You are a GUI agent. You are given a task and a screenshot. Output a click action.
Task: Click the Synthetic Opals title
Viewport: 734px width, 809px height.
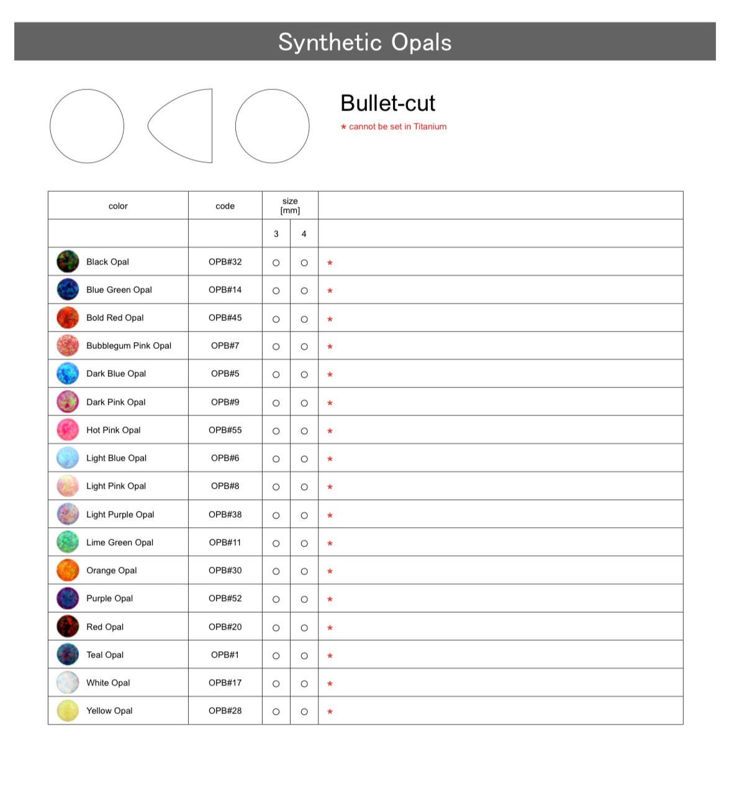[x=365, y=42]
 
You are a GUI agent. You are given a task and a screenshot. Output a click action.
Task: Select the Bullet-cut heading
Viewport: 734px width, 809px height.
[x=387, y=103]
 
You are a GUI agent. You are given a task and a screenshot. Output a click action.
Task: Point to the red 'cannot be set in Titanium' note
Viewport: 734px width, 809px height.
[x=394, y=127]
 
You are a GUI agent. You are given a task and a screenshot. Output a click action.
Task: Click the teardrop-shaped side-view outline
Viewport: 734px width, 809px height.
[x=181, y=126]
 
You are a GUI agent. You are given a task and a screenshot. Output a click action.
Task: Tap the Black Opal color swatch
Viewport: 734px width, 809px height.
[x=68, y=262]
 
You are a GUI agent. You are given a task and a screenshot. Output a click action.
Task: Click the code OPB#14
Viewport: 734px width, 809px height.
[x=225, y=290]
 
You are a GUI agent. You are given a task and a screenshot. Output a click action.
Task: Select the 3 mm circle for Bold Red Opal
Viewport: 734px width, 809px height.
[x=276, y=319]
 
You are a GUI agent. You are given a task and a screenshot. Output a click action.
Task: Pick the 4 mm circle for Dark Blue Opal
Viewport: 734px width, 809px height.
[x=304, y=374]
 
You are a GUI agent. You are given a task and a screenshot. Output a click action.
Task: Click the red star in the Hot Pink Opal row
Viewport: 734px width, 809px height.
[x=330, y=431]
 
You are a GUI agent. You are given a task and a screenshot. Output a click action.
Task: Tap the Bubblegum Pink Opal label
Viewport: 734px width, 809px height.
[x=129, y=346]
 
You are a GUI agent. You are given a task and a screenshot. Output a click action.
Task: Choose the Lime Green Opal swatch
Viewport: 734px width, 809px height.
[x=68, y=542]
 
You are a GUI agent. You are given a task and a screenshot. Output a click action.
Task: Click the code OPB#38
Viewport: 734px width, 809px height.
[x=225, y=515]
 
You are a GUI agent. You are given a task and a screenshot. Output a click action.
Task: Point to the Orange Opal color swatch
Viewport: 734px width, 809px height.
[x=68, y=570]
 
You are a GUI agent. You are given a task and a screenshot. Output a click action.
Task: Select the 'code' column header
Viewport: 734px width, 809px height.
[x=225, y=206]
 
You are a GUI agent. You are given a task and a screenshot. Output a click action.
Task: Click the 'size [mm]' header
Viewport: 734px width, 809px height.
[x=290, y=206]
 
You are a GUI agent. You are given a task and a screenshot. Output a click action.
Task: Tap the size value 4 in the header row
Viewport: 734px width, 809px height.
[x=304, y=234]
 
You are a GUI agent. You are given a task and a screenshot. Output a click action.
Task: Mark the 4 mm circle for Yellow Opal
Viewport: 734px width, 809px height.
[x=304, y=712]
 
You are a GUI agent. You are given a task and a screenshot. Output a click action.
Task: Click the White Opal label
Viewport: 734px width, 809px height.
[x=108, y=683]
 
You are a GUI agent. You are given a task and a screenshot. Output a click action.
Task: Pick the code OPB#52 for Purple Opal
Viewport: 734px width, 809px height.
[x=225, y=599]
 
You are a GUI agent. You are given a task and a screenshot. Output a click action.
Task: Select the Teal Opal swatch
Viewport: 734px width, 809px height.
[x=68, y=654]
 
